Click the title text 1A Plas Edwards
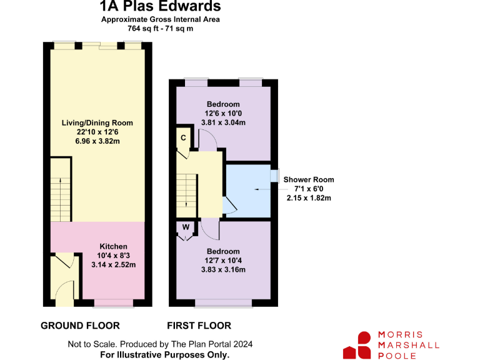pos(161,7)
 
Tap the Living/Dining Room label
pos(97,122)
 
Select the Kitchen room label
pos(113,246)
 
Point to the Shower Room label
pos(309,179)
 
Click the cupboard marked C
pos(183,137)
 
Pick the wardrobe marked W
pos(185,227)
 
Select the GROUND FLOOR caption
pos(80,326)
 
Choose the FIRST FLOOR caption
pos(199,326)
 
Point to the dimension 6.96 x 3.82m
pos(97,141)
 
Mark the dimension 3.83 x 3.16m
pos(223,269)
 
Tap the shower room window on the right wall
pos(273,175)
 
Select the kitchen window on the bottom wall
pos(113,303)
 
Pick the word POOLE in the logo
pos(396,354)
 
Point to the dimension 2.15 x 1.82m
pos(309,197)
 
